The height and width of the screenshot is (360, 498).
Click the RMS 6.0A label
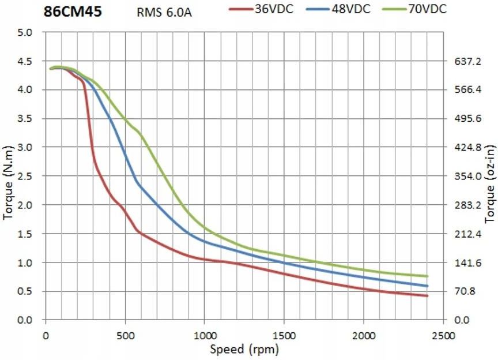pos(164,12)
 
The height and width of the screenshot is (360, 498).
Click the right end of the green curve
pos(427,276)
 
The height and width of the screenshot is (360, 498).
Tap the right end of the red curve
pos(427,295)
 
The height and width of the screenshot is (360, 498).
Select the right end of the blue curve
pos(427,286)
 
